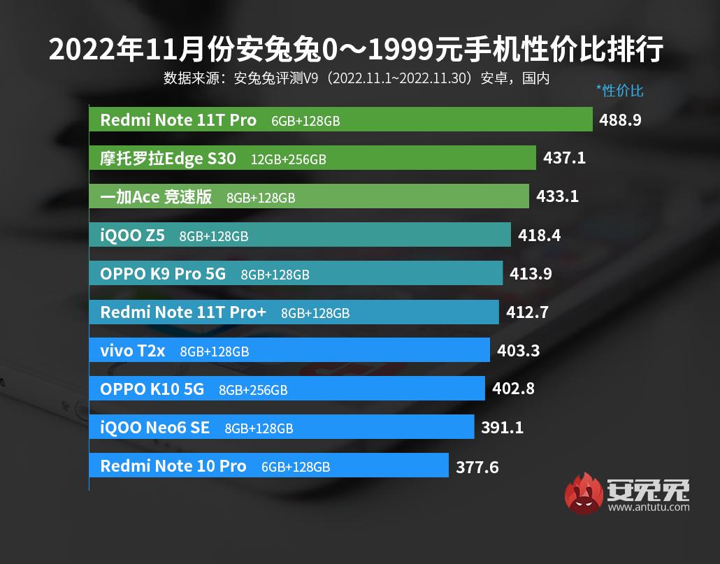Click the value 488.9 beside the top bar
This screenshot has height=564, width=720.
click(620, 120)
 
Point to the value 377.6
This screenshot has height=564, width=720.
click(477, 467)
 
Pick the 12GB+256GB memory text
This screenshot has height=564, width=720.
click(289, 159)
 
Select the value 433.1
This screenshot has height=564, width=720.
click(557, 197)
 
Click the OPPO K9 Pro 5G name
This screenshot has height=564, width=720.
click(163, 274)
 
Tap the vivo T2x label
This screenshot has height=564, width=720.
click(132, 351)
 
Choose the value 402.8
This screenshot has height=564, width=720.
click(513, 389)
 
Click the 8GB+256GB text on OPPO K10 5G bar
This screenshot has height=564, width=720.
click(253, 390)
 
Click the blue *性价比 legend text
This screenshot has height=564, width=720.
click(619, 90)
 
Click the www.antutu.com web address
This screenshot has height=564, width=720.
click(648, 507)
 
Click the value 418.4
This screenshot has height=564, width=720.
click(539, 236)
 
